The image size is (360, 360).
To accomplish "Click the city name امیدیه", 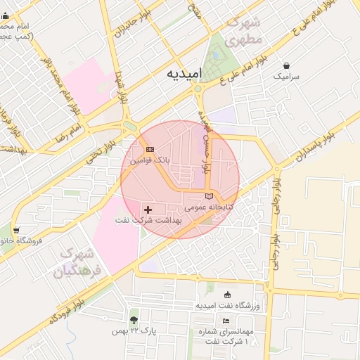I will coord(186,73).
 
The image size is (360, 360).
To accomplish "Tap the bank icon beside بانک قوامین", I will coord(150,150).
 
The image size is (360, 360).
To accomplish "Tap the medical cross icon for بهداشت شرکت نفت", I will coord(148,210).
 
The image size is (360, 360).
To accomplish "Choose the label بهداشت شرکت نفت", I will coord(148,220).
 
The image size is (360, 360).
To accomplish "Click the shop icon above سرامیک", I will coord(285,65).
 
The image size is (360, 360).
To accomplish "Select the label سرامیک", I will coord(286,75).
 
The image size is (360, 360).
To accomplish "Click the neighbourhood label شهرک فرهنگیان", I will coord(79,262).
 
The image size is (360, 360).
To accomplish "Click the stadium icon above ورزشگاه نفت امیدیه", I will coord(226,295).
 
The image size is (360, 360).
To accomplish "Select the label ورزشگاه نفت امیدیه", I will coord(227,306).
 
